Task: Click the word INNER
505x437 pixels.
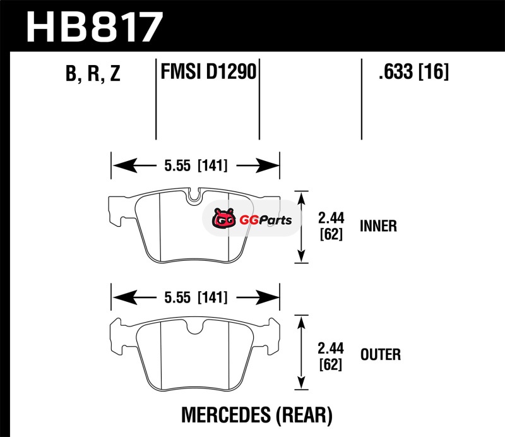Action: click(378, 226)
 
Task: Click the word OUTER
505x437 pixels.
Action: click(380, 354)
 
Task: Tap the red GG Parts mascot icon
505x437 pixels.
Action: click(222, 220)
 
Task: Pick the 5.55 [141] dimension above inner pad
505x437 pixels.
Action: click(195, 166)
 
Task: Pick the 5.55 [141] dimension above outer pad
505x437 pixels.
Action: click(195, 296)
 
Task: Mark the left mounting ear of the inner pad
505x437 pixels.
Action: click(116, 213)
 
